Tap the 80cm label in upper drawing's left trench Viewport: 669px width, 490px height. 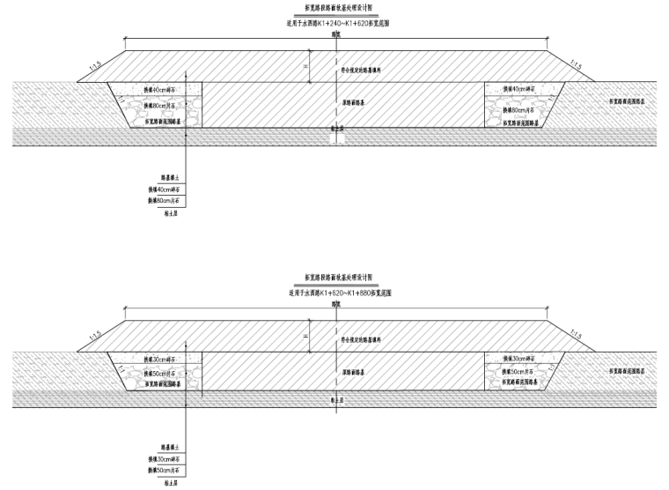159,106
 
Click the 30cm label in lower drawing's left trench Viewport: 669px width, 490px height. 159,359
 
